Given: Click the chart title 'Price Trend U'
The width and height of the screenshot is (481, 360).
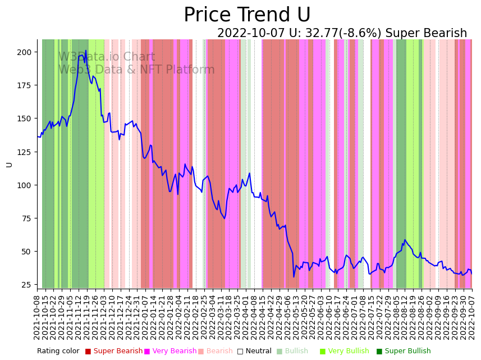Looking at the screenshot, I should (247, 15).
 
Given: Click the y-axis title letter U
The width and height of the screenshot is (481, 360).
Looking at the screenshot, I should (9, 165).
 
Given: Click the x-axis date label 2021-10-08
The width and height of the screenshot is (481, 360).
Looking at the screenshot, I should (38, 317).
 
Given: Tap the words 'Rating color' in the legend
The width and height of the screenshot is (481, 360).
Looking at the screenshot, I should (58, 351).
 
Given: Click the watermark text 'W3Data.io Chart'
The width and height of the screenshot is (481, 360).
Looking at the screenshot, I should (107, 57).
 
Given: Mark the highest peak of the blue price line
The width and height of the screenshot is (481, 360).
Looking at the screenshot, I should (85, 51).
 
